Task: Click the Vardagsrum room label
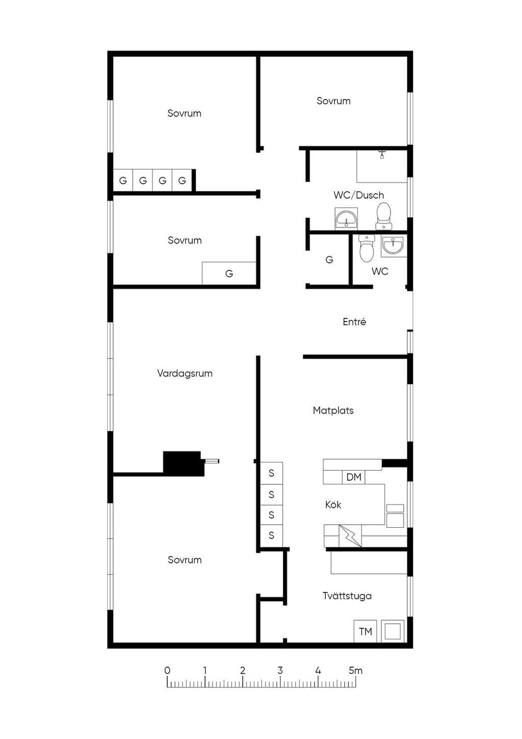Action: [x=185, y=374]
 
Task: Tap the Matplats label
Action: [x=333, y=410]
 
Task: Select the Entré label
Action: [x=354, y=322]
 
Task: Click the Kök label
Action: [x=333, y=504]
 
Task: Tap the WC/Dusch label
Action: [x=358, y=195]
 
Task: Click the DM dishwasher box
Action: [x=354, y=477]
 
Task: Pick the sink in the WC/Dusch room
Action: [x=346, y=218]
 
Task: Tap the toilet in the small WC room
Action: [x=367, y=249]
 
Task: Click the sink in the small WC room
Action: [x=394, y=246]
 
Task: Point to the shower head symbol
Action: [x=382, y=154]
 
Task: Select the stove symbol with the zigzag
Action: [x=350, y=536]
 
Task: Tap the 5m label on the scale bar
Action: [x=356, y=671]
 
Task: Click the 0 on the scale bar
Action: [x=167, y=671]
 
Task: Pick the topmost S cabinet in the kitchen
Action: [x=271, y=473]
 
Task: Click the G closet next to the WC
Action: [x=329, y=260]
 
